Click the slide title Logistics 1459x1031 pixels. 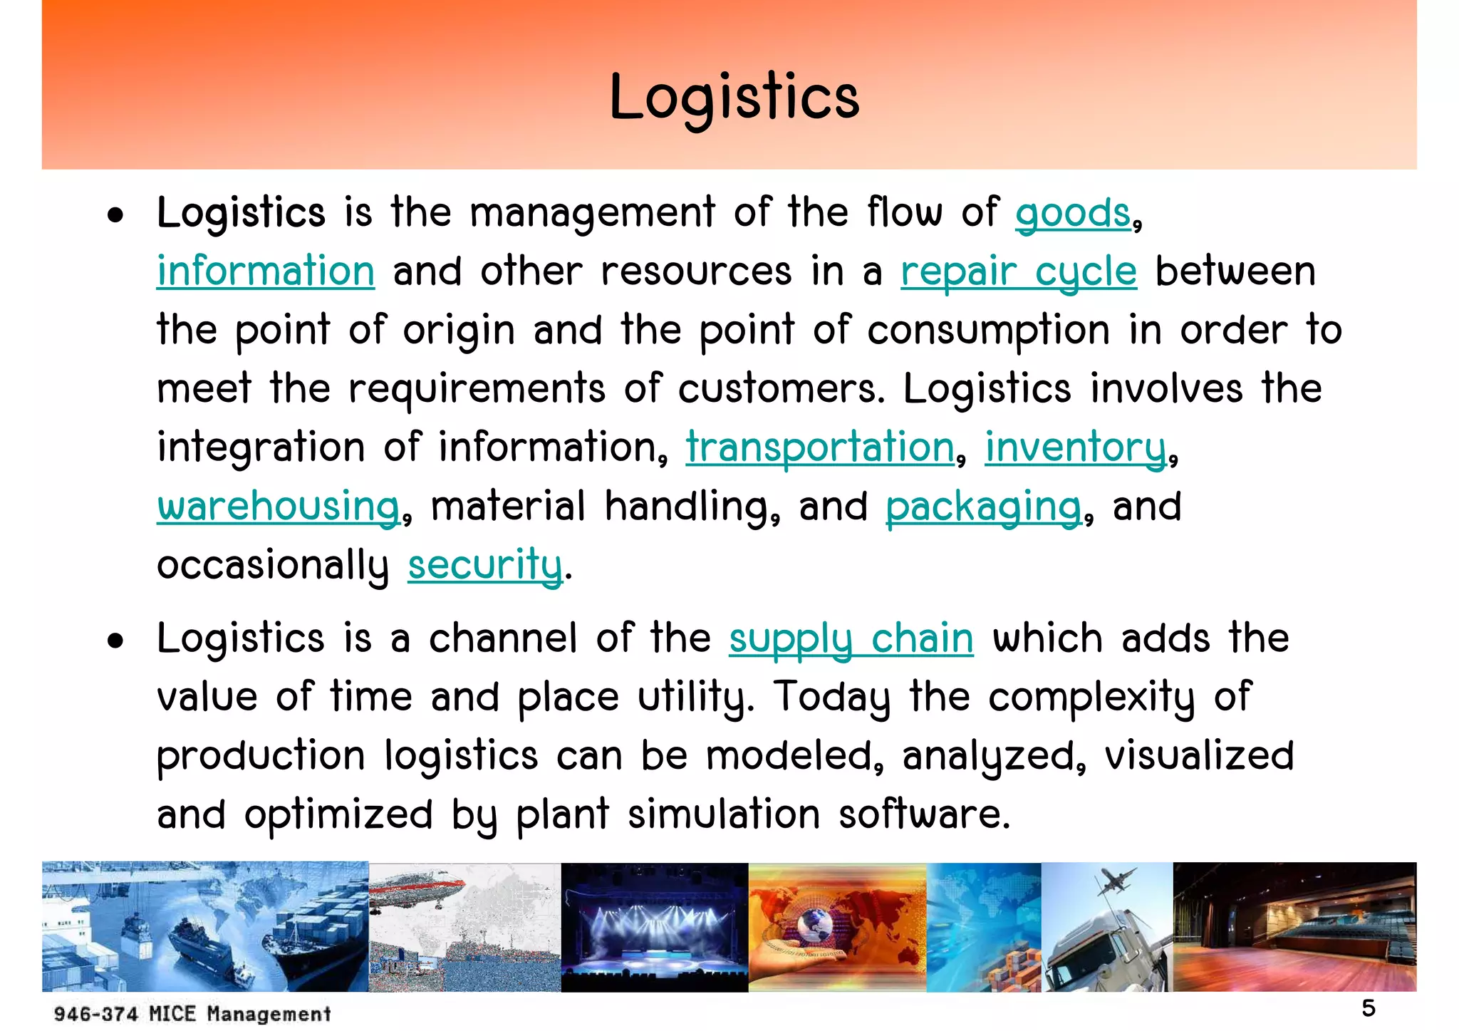pyautogui.click(x=734, y=98)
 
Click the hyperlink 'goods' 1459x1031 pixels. pyautogui.click(x=1073, y=213)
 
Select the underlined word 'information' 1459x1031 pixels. pyautogui.click(x=266, y=271)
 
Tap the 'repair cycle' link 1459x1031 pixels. pyautogui.click(x=1019, y=271)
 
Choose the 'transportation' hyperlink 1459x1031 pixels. pyautogui.click(x=820, y=447)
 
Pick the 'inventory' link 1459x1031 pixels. pyautogui.click(x=1076, y=447)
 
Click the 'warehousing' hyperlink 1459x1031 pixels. pyautogui.click(x=279, y=507)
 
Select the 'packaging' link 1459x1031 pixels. pyautogui.click(x=984, y=507)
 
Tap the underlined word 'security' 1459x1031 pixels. pyautogui.click(x=485, y=565)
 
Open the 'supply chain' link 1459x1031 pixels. pyautogui.click(x=851, y=638)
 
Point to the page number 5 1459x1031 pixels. pyautogui.click(x=1369, y=1008)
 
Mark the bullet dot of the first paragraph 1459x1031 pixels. pyautogui.click(x=115, y=215)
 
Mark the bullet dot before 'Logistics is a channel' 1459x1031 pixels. pyautogui.click(x=115, y=641)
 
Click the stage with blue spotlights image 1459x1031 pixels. pyautogui.click(x=654, y=927)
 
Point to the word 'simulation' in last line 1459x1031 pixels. pyautogui.click(x=724, y=814)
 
